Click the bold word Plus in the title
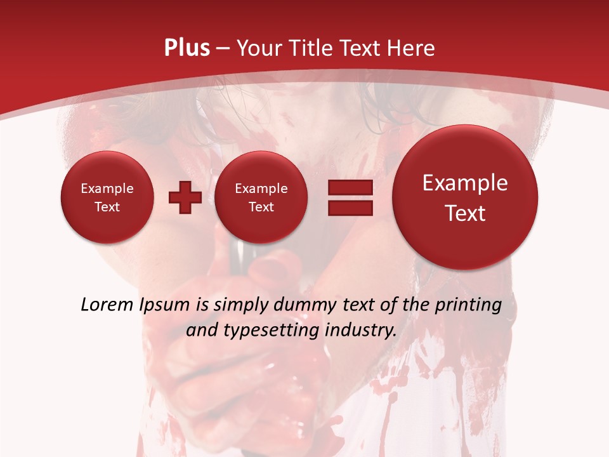coord(187,48)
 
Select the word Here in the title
coord(412,48)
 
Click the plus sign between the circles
coord(185,197)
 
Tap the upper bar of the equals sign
coord(350,188)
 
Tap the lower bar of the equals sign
coord(350,207)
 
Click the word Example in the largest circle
coord(465,183)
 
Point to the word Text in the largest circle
coord(465,213)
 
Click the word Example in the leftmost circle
coord(107,189)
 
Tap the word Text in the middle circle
coord(261,207)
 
